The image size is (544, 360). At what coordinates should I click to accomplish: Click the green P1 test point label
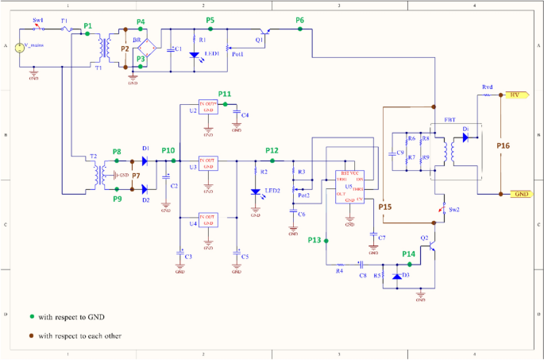[87, 26]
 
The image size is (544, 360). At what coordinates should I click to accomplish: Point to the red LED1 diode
[195, 55]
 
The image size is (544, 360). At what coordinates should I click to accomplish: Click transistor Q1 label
[259, 39]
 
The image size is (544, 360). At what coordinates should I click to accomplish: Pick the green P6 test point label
[299, 20]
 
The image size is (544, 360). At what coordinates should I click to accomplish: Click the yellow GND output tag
[519, 194]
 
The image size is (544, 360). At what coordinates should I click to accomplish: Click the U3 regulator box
[208, 163]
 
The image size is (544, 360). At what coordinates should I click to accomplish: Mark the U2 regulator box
[208, 107]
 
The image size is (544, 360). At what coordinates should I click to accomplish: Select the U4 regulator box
[208, 219]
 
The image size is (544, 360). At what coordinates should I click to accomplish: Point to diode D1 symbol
[145, 161]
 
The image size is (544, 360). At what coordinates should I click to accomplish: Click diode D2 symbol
[145, 189]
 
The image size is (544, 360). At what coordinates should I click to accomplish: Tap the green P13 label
[314, 240]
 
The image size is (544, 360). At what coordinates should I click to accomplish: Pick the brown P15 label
[385, 207]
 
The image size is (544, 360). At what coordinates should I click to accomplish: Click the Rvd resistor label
[487, 87]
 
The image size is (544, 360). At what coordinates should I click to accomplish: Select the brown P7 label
[135, 175]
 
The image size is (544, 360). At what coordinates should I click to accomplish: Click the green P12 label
[272, 150]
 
